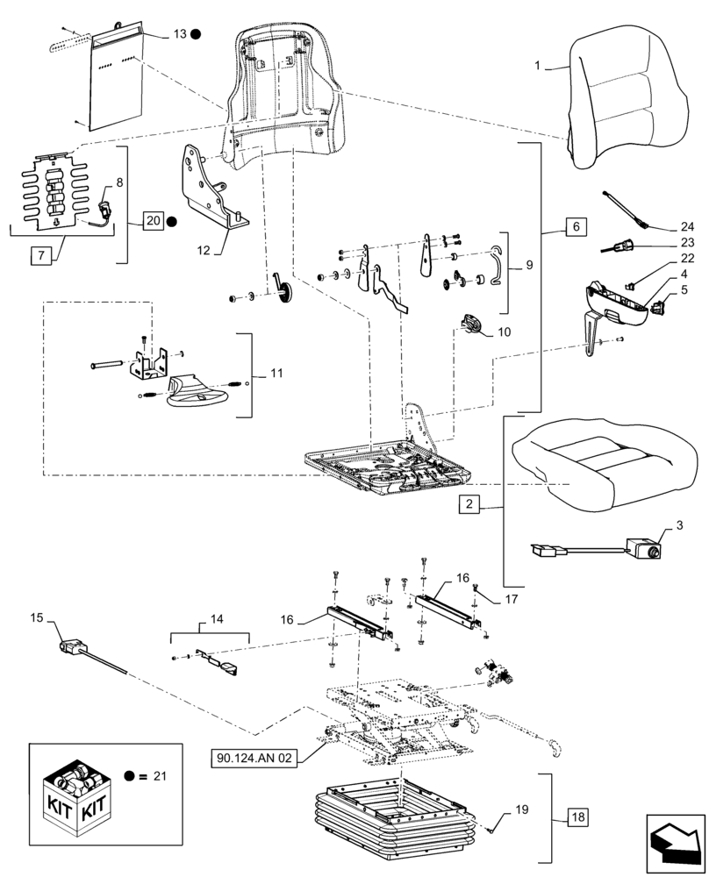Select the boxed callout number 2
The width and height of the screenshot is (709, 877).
click(x=469, y=504)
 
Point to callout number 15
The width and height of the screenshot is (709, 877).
click(x=37, y=619)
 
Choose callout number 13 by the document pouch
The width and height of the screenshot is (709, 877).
click(x=180, y=34)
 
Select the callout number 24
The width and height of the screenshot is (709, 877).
click(x=686, y=225)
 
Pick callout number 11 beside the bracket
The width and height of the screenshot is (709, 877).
click(x=276, y=374)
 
